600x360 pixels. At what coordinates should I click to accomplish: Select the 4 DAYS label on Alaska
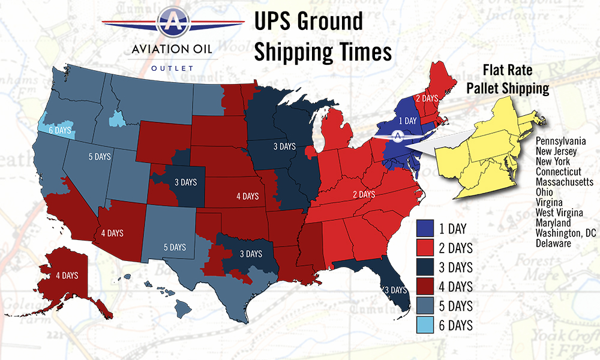click(x=67, y=275)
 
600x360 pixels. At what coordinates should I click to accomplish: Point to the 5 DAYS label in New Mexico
click(x=174, y=247)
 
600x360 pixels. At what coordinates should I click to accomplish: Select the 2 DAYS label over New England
click(x=427, y=98)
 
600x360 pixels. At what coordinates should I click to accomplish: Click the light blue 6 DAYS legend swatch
click(x=425, y=326)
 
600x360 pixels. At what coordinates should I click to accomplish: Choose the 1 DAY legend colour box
click(x=425, y=229)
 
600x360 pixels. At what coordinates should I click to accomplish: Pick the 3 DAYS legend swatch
click(x=425, y=267)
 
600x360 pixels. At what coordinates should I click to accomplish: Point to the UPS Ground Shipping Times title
click(x=323, y=37)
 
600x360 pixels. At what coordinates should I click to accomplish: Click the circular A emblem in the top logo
click(x=173, y=21)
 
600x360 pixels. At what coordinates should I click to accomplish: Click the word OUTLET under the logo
click(x=174, y=68)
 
